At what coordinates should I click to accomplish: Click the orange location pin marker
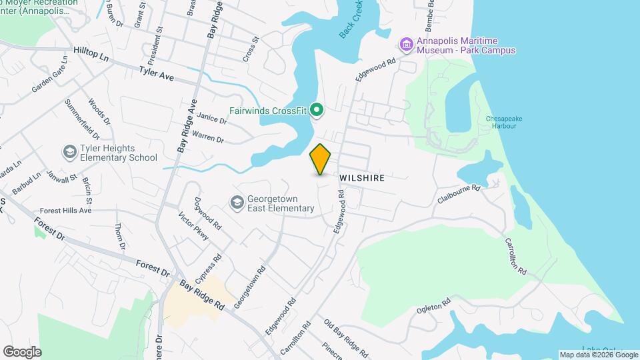pos(321,159)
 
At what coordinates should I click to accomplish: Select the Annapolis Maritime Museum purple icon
pos(405,45)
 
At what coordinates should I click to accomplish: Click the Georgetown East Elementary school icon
pos(237,202)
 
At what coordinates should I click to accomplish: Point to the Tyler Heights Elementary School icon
pos(69,153)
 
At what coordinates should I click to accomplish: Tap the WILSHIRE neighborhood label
pos(362,179)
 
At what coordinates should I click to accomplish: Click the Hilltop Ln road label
pos(91,53)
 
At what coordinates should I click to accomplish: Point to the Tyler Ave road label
pos(157,73)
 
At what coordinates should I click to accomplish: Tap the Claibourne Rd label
pos(459,194)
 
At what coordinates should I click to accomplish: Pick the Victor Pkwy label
pos(194,226)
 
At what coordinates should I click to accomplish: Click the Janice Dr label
pos(212,118)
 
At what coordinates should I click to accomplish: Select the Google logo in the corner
pos(22,351)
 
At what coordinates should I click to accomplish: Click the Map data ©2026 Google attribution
pos(598,355)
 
